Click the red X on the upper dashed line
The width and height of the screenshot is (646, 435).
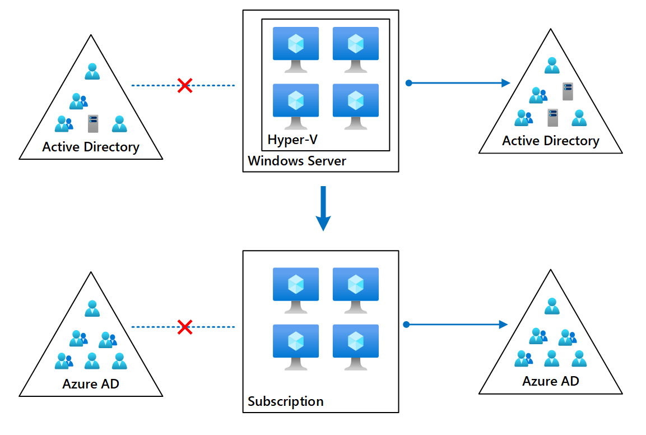185,86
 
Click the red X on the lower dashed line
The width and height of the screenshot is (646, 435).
185,327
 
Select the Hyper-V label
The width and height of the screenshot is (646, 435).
292,139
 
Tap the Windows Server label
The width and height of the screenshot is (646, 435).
297,161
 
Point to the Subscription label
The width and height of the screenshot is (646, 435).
286,401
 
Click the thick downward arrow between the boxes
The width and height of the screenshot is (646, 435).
323,209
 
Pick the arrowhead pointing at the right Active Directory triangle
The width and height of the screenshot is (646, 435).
505,83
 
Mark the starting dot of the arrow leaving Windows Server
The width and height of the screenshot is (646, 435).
408,83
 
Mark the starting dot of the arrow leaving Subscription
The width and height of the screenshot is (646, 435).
407,325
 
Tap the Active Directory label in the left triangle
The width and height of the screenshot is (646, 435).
91,147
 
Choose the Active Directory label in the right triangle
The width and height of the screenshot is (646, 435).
550,141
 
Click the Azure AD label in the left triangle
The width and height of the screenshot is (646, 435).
91,384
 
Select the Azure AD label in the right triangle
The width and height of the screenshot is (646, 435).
550,381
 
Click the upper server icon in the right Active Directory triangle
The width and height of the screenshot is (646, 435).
568,91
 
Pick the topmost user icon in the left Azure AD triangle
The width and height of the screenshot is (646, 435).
92,308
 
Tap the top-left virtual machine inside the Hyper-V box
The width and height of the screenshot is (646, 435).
295,49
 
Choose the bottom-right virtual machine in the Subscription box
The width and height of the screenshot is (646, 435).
356,346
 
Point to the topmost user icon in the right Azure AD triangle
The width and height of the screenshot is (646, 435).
552,306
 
